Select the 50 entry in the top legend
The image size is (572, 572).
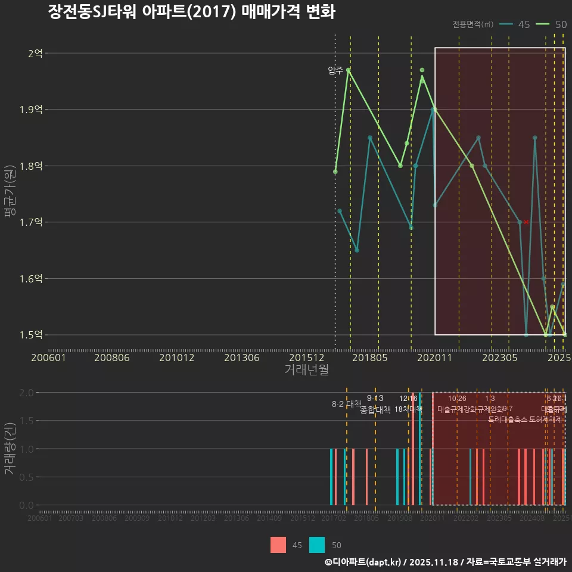(x=552, y=24)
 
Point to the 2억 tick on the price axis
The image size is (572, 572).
(x=35, y=54)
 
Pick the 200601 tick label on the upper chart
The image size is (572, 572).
(x=48, y=358)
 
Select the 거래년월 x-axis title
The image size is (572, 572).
(x=306, y=370)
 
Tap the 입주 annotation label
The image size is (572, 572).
(x=335, y=70)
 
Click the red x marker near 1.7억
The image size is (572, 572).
(x=526, y=222)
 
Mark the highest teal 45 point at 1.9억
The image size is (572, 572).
(x=433, y=110)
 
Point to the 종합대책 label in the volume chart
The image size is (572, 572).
(x=375, y=410)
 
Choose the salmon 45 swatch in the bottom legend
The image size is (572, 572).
(x=278, y=545)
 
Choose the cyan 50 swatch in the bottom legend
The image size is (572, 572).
(x=317, y=545)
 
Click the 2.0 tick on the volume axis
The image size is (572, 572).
(x=27, y=393)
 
